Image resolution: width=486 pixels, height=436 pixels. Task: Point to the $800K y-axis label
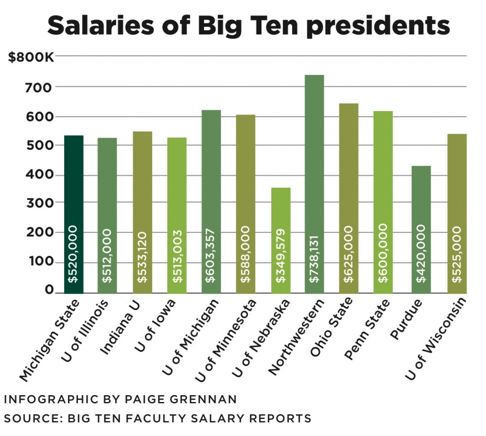[31, 57]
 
